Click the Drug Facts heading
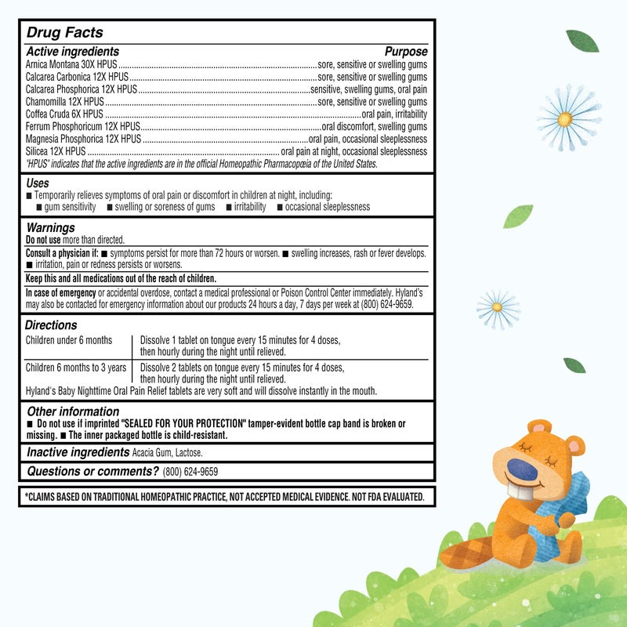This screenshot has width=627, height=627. pyautogui.click(x=64, y=33)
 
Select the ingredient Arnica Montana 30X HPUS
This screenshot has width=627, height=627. pyautogui.click(x=71, y=65)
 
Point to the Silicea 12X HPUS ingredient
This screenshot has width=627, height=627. pyautogui.click(x=56, y=151)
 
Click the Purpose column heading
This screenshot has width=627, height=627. pyautogui.click(x=406, y=52)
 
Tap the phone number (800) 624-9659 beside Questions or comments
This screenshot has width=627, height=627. pyautogui.click(x=190, y=472)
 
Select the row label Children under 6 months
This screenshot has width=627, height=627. pyautogui.click(x=69, y=340)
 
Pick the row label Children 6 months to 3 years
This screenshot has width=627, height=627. pyautogui.click(x=76, y=367)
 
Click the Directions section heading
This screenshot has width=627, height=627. pyautogui.click(x=51, y=325)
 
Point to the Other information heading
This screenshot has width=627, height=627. pyautogui.click(x=73, y=411)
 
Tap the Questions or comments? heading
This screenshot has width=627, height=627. pyautogui.click(x=92, y=471)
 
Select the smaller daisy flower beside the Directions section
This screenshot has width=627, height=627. pyautogui.click(x=498, y=308)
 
